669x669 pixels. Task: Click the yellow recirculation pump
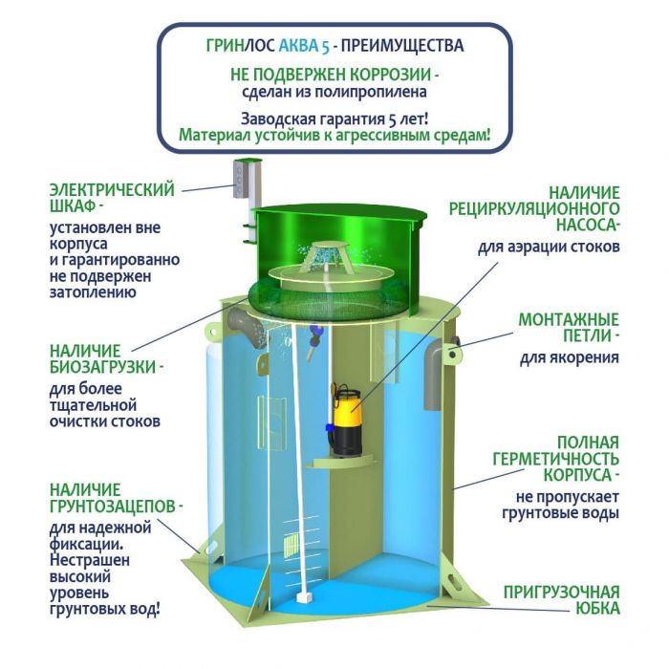347,421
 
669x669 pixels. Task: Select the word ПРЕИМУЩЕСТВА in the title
402,46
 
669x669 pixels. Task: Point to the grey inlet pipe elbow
247,327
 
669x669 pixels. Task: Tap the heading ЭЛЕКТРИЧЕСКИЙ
112,189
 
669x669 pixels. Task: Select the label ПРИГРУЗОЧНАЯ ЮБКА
562,600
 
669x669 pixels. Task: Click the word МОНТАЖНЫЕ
569,319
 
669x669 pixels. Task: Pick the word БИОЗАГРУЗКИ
102,367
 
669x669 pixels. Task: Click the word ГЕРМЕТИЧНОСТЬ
555,459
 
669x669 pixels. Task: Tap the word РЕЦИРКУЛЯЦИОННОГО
534,208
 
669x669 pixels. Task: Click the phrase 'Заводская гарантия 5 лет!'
334,119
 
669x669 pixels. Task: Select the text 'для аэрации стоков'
549,247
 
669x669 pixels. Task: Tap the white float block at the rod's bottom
303,596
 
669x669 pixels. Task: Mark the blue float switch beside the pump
329,428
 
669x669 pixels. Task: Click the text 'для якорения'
570,357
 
